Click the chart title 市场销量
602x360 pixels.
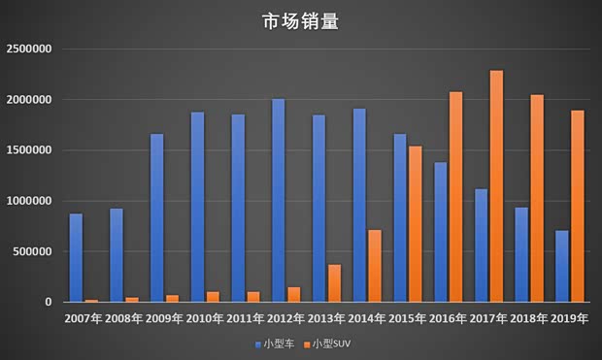(x=301, y=21)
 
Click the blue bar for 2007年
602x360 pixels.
(x=76, y=258)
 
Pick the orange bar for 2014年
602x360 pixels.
(x=375, y=266)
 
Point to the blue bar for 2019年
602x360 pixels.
(x=562, y=266)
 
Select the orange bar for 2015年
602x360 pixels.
(x=416, y=224)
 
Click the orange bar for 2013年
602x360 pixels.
(x=334, y=283)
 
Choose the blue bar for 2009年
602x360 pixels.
(x=157, y=218)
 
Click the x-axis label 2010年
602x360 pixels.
(x=204, y=318)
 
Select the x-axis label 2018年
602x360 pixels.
(x=528, y=318)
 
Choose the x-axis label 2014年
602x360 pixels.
(x=366, y=318)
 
